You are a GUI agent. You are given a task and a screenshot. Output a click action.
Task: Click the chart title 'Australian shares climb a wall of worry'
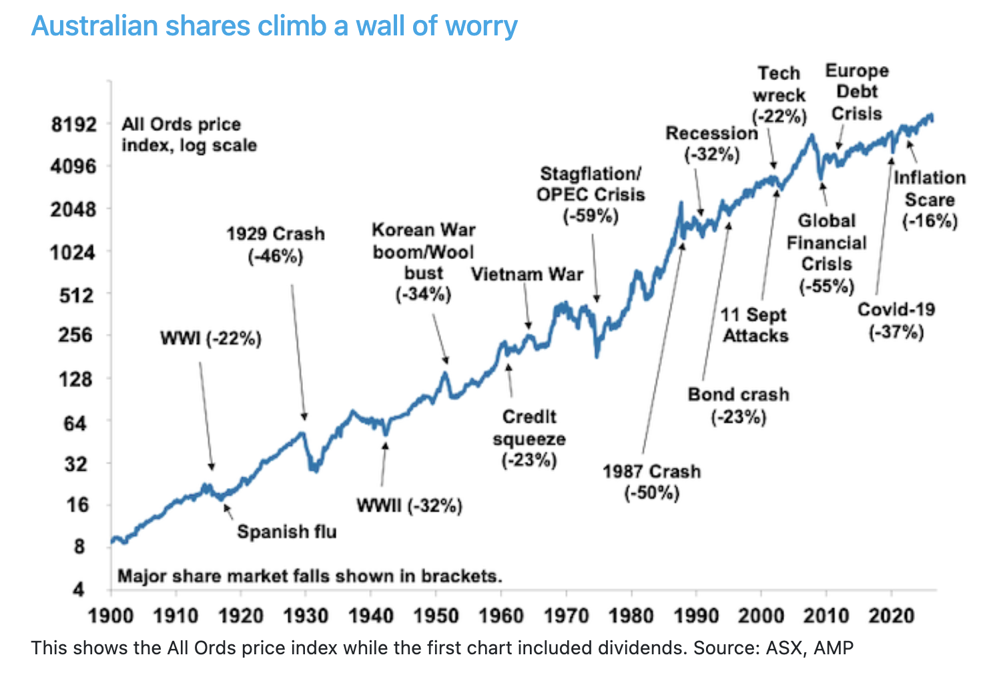click(x=274, y=26)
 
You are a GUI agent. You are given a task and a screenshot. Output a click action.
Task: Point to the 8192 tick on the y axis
click(x=73, y=125)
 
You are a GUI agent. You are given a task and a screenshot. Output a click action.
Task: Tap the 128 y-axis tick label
click(x=75, y=379)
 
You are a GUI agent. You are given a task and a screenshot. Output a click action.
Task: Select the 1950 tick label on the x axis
click(x=436, y=615)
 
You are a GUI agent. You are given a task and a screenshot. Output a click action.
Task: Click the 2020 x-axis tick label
click(x=891, y=615)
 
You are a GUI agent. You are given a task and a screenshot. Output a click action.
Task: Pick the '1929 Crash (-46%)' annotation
click(x=275, y=245)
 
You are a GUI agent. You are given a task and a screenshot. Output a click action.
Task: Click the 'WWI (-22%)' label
click(x=211, y=338)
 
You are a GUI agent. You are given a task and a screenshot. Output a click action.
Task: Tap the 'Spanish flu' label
click(x=287, y=532)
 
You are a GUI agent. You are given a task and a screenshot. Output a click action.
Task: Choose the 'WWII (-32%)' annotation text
click(x=409, y=505)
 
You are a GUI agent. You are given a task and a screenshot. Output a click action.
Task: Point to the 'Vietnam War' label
click(x=527, y=274)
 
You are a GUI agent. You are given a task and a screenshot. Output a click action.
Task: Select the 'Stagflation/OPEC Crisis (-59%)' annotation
click(x=591, y=195)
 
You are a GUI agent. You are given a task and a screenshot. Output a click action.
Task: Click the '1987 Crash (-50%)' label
click(x=651, y=482)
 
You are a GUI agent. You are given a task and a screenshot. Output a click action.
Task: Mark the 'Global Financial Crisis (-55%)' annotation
click(x=826, y=254)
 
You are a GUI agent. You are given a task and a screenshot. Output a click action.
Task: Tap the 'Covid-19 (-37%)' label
click(x=896, y=320)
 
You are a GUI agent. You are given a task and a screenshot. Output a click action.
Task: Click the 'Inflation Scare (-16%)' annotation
click(x=930, y=200)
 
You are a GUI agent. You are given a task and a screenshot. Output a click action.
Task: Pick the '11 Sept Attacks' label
click(x=755, y=325)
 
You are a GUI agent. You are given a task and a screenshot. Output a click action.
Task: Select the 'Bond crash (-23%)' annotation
click(x=739, y=406)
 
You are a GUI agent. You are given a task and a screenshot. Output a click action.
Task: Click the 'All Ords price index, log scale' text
click(x=189, y=135)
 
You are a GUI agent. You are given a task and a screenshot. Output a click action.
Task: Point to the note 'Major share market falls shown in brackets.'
click(x=310, y=576)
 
